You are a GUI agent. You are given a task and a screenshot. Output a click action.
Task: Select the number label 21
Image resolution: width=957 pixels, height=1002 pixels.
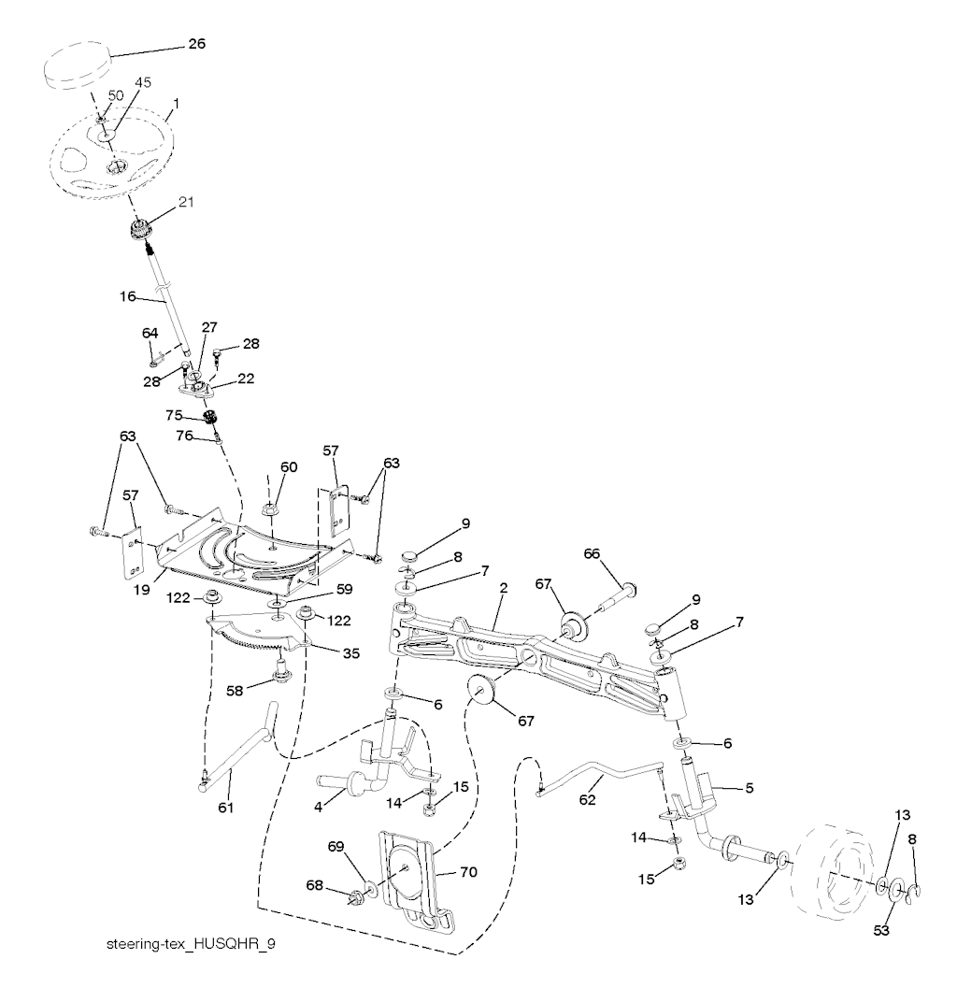point(185,202)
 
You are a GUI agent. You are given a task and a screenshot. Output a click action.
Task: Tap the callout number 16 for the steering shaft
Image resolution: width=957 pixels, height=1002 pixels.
point(129,296)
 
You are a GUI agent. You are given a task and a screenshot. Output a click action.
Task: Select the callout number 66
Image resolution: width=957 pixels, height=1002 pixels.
point(592,553)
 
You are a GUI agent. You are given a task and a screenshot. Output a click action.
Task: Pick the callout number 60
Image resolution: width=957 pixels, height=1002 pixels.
point(289,466)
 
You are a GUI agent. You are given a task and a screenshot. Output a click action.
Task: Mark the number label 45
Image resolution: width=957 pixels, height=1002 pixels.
point(142,83)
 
